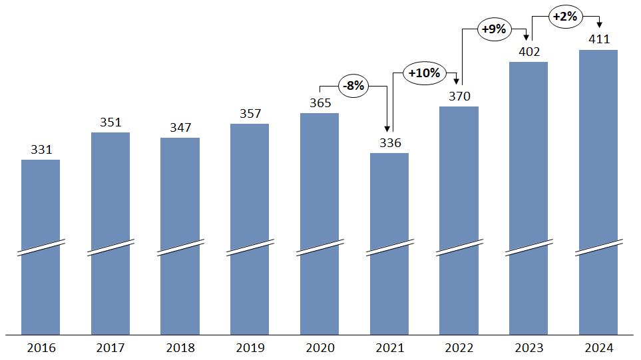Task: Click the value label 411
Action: (599, 39)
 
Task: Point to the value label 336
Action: (389, 142)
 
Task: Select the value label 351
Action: (110, 122)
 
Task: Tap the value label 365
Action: (320, 102)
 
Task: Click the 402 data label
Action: (529, 51)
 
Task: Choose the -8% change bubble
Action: (353, 86)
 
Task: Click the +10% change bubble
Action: (424, 73)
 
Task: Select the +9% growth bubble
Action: (494, 30)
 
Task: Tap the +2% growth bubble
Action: (564, 17)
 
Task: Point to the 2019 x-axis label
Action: (250, 348)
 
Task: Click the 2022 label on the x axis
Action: (459, 348)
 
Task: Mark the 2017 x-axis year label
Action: (110, 348)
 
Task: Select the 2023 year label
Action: (529, 348)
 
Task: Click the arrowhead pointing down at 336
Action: (387, 129)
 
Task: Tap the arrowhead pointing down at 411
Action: (598, 25)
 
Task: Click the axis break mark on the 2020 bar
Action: (320, 248)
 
